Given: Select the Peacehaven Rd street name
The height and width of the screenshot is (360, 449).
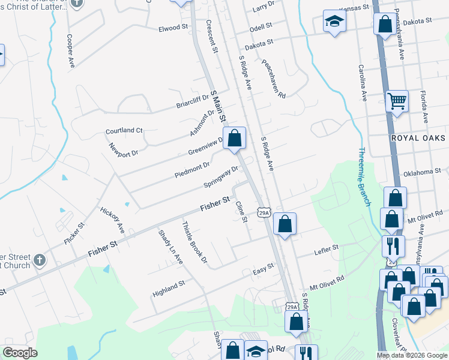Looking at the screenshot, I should (x=274, y=78).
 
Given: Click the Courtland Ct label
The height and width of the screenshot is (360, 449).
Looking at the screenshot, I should (x=124, y=130).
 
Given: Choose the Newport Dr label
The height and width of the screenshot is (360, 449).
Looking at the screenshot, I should (x=124, y=149).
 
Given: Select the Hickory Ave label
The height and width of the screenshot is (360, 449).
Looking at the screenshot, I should (x=112, y=220).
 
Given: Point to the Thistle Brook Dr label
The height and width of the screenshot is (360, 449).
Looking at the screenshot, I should (x=194, y=242).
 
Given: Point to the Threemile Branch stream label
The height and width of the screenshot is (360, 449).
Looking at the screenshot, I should (x=363, y=177).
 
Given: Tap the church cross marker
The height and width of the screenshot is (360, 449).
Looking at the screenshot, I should (x=39, y=260).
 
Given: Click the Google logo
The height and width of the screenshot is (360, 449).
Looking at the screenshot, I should (x=20, y=353).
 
